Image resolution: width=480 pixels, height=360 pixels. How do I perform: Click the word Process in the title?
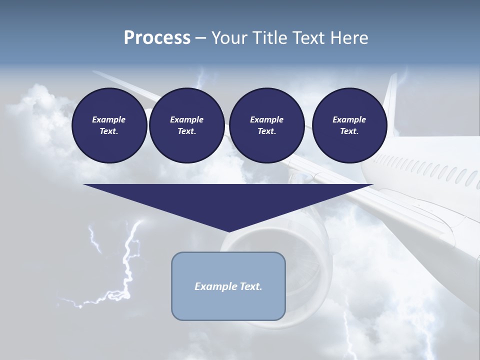[x=157, y=38]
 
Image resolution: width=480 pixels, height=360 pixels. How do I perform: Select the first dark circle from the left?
[x=109, y=125]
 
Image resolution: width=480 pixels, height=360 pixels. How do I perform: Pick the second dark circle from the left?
[x=186, y=125]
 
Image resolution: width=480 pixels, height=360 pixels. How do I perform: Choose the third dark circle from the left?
[x=266, y=125]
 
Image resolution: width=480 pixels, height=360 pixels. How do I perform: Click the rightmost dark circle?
[x=349, y=125]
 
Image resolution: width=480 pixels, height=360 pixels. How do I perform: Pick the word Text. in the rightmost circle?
[x=349, y=131]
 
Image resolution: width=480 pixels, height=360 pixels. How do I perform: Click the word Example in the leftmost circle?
[x=109, y=119]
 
